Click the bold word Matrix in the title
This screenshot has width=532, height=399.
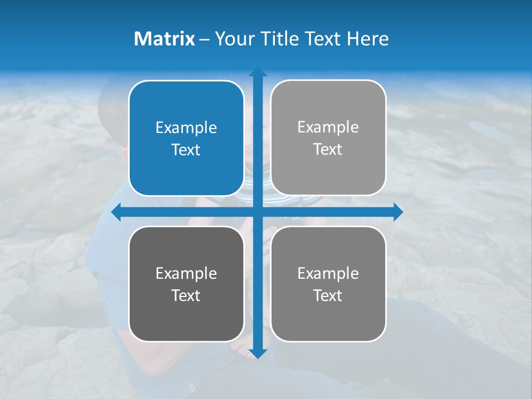click(165, 39)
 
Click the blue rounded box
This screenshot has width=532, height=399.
click(186, 100)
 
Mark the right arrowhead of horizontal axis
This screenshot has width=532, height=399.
click(398, 212)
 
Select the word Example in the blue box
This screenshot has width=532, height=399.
click(186, 128)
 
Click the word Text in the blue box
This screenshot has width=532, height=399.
click(186, 150)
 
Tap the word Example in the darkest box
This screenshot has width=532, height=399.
click(186, 274)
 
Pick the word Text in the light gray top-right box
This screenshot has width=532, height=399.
click(328, 150)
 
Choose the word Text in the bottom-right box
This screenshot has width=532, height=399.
click(328, 295)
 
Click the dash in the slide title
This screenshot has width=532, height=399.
click(204, 39)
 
